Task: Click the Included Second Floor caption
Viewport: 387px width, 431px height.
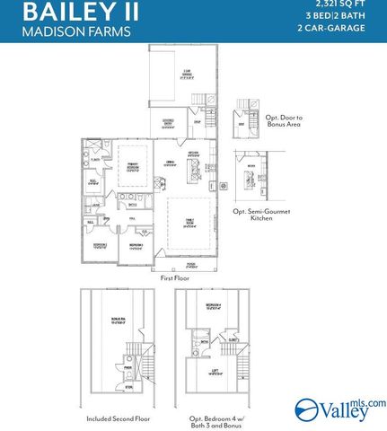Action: (116, 418)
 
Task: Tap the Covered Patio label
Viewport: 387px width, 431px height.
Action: (167, 125)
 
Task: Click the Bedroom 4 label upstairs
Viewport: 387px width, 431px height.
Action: (212, 306)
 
